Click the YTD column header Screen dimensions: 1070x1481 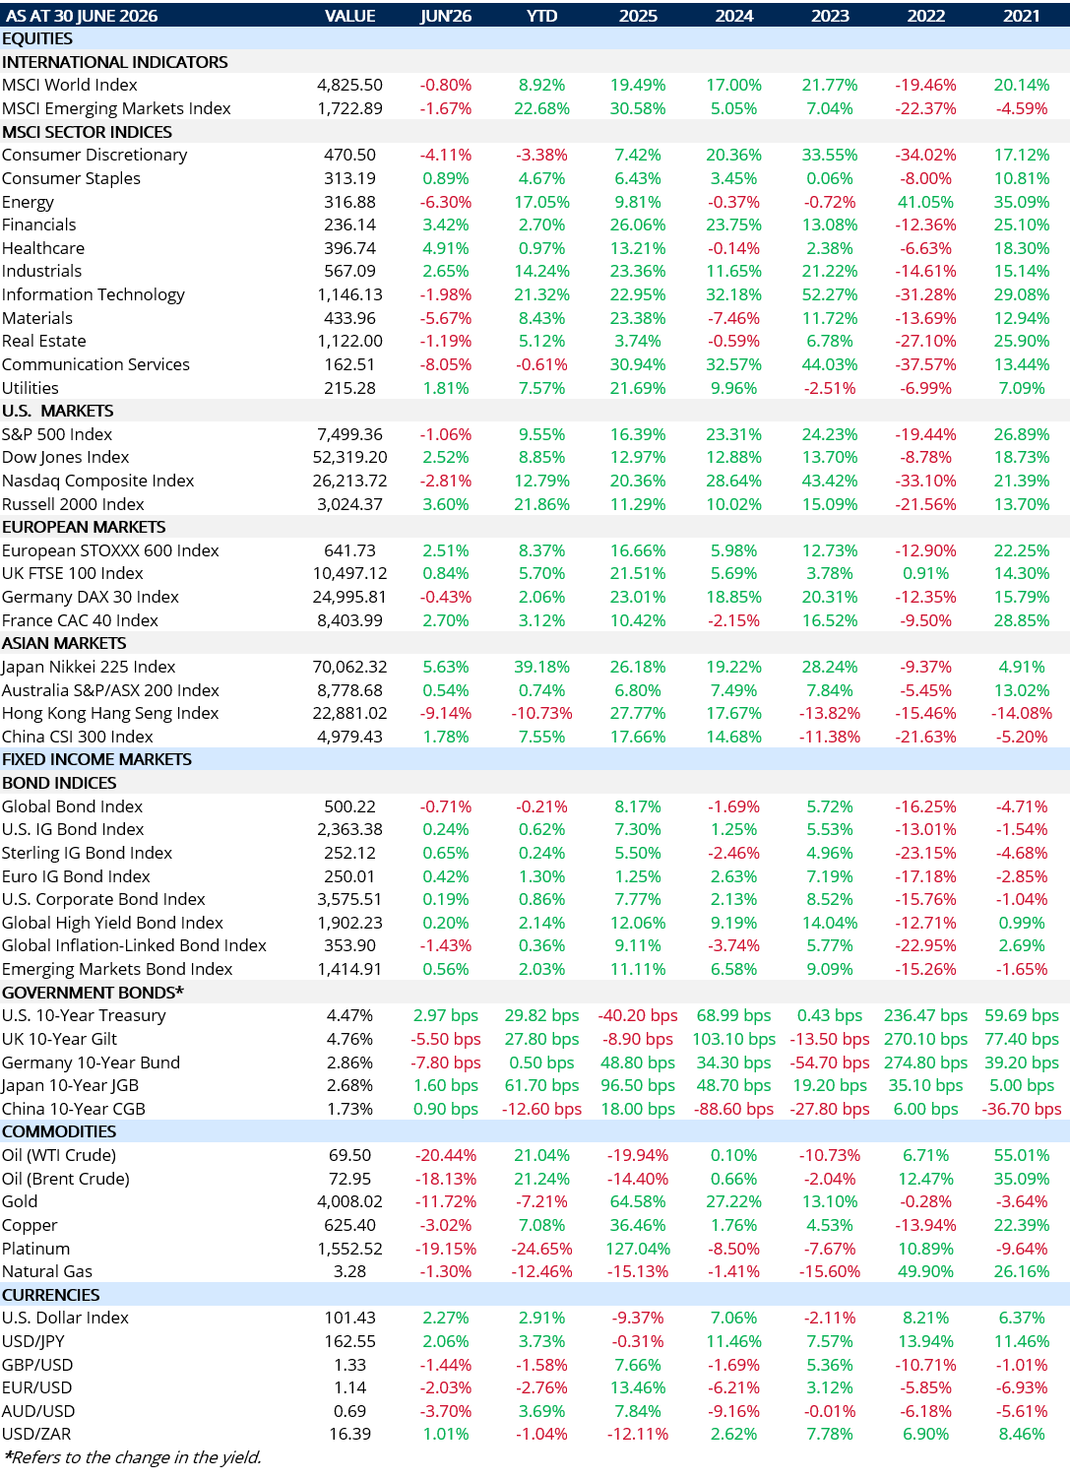pyautogui.click(x=541, y=15)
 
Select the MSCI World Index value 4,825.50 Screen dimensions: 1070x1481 pyautogui.click(x=349, y=85)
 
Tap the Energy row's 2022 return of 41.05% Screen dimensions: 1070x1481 pyautogui.click(x=925, y=202)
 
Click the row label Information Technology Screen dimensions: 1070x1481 pyautogui.click(x=94, y=294)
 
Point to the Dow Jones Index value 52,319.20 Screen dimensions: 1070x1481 pyautogui.click(x=349, y=457)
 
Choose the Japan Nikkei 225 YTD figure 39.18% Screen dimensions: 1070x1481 pyautogui.click(x=541, y=667)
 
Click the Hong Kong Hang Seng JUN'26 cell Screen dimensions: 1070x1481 pyautogui.click(x=446, y=713)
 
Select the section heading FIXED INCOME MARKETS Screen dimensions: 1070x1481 pyautogui.click(x=96, y=759)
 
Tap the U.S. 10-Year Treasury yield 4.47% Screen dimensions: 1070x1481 pyautogui.click(x=349, y=1015)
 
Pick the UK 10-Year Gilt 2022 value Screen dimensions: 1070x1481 pyautogui.click(x=925, y=1039)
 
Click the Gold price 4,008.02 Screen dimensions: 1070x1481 pyautogui.click(x=349, y=1201)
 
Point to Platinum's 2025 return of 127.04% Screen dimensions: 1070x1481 pyautogui.click(x=638, y=1249)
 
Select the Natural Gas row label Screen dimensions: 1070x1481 pyautogui.click(x=47, y=1271)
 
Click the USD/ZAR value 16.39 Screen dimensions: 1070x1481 pyautogui.click(x=349, y=1434)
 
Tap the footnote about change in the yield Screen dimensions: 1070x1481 pyautogui.click(x=132, y=1457)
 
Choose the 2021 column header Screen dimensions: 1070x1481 pyautogui.click(x=1021, y=15)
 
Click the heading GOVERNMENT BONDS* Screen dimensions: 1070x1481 pyautogui.click(x=93, y=992)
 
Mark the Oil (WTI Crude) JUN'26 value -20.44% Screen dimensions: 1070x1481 pyautogui.click(x=446, y=1155)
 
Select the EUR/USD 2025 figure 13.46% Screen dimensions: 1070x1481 pyautogui.click(x=638, y=1387)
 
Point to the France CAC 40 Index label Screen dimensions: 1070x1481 pyautogui.click(x=80, y=620)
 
